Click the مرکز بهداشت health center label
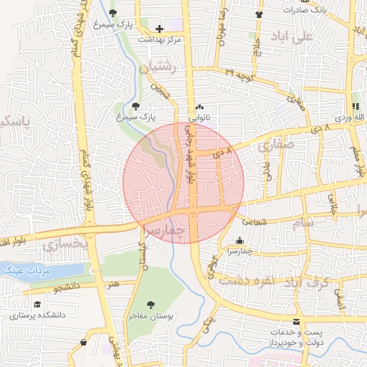(x=163, y=39)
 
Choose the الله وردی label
(x=348, y=115)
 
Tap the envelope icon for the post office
(x=297, y=323)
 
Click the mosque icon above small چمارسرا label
(x=239, y=241)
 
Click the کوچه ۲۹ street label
(x=239, y=74)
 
